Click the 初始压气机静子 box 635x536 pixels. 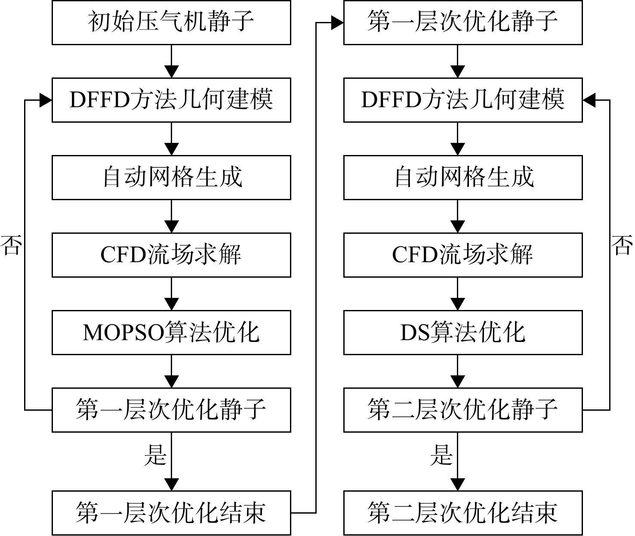[171, 22]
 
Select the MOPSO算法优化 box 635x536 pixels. [171, 332]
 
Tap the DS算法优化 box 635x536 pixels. [463, 332]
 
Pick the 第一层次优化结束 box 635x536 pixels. [171, 513]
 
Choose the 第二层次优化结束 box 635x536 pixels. [463, 513]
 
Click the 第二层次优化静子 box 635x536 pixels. [463, 410]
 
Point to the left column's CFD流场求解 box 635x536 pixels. [171, 255]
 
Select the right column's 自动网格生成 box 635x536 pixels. [463, 177]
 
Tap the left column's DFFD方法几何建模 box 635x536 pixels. [171, 100]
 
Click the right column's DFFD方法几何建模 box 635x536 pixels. [463, 100]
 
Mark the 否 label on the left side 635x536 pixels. [11, 245]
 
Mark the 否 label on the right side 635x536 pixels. [622, 245]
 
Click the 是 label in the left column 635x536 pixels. [155, 455]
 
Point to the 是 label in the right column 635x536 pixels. [441, 455]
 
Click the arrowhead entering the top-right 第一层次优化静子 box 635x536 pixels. [337, 22]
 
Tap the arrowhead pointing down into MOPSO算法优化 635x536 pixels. [172, 304]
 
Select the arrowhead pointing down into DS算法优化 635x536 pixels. [457, 304]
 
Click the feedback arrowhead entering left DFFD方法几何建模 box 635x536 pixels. [46, 100]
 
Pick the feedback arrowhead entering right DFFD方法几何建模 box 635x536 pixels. [589, 100]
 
